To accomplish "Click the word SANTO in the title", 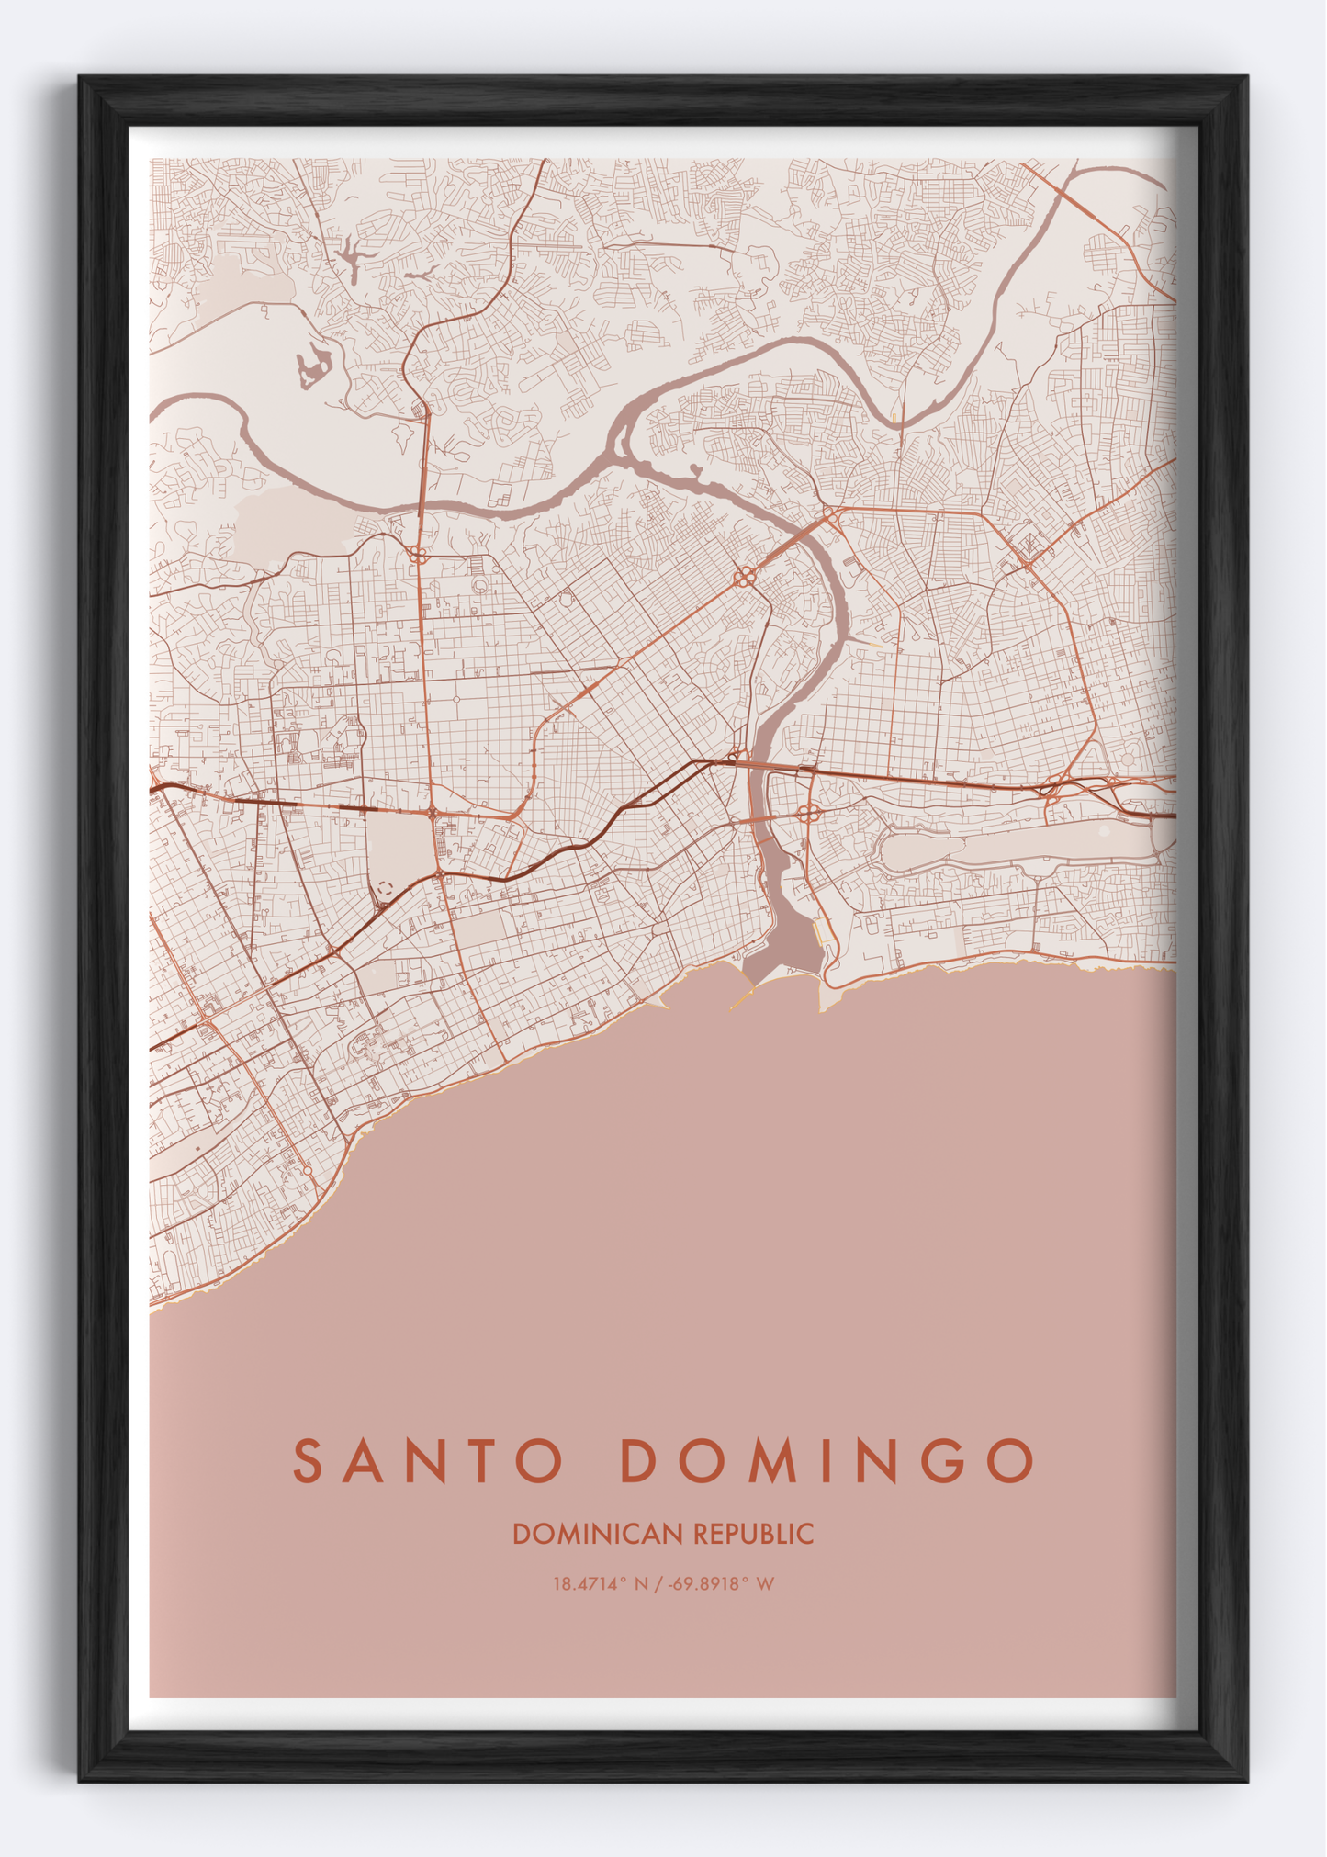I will (428, 1460).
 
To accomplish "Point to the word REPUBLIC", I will (754, 1534).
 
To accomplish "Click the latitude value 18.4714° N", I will (601, 1583).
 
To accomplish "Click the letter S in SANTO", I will (309, 1460).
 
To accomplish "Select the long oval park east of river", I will (1010, 850).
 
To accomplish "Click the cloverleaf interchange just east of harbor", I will (809, 813).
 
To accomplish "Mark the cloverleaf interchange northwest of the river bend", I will (744, 577).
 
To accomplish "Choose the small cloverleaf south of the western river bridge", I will (418, 555).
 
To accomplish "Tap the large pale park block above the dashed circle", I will (399, 845).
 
